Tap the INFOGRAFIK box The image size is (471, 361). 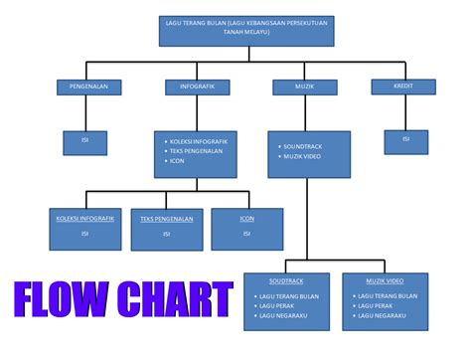pyautogui.click(x=197, y=87)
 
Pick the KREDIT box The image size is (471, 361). pyautogui.click(x=403, y=87)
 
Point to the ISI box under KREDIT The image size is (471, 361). pyautogui.click(x=405, y=139)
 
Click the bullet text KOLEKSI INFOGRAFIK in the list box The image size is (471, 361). pyautogui.click(x=199, y=141)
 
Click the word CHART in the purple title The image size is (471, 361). pyautogui.click(x=174, y=299)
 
